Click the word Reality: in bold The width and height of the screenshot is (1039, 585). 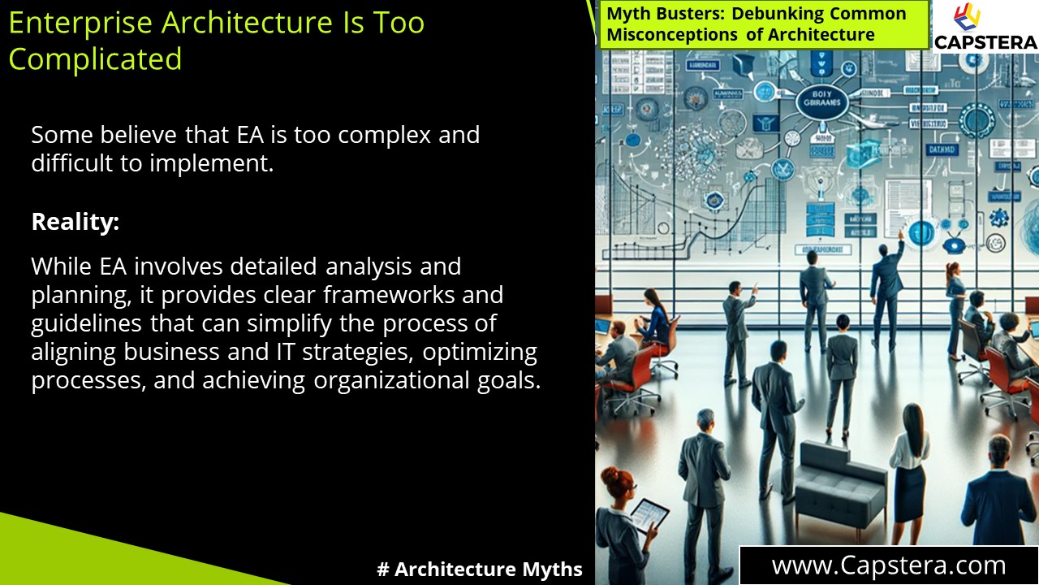(75, 222)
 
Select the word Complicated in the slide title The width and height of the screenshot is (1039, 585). (95, 59)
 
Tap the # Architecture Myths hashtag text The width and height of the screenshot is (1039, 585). (480, 570)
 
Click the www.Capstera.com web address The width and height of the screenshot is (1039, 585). (888, 565)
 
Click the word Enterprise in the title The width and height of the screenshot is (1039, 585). (80, 22)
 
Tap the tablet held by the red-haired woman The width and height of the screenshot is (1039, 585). (649, 514)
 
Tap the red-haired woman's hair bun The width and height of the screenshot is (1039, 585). (606, 473)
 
